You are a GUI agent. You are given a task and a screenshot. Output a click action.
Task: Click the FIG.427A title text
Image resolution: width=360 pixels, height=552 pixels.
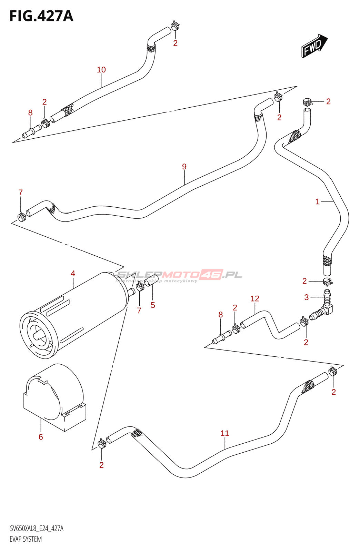41,16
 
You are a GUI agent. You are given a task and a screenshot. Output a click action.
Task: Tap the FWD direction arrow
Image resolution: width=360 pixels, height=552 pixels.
314,46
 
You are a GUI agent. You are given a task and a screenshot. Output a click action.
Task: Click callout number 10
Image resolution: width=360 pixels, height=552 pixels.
101,70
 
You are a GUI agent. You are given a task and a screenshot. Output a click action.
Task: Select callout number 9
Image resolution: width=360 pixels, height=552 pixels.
184,167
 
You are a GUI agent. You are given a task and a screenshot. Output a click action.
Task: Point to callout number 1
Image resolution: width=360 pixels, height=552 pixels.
317,201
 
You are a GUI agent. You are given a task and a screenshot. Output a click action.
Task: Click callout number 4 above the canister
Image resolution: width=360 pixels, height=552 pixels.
73,274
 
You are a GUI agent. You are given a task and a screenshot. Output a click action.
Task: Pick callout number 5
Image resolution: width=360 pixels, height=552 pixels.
153,305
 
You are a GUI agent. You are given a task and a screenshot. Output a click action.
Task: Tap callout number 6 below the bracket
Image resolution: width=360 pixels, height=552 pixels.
41,437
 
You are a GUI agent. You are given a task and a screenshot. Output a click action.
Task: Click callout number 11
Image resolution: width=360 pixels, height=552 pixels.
224,433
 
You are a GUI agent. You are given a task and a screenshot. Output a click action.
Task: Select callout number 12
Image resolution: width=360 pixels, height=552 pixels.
254,298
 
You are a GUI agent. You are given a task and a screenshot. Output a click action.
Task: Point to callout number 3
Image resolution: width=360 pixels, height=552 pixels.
306,297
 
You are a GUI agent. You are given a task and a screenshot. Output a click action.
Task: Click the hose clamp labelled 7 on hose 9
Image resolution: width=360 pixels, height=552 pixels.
21,217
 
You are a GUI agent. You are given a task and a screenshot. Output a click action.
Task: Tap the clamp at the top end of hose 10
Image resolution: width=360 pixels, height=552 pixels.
175,26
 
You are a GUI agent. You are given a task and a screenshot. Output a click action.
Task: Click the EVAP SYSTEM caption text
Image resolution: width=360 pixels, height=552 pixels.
26,539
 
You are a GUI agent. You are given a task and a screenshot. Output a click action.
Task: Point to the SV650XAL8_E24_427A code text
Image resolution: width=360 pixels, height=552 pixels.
37,529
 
